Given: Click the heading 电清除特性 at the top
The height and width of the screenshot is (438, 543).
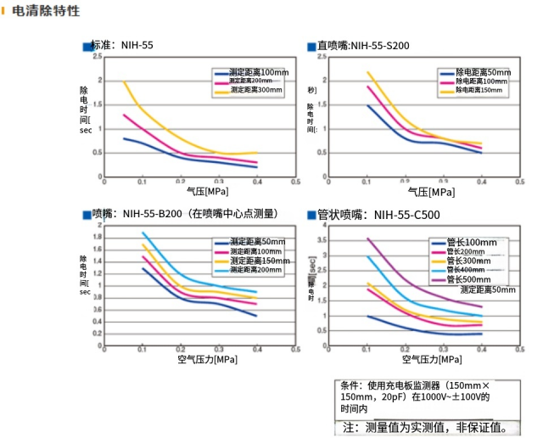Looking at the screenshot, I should click(47, 11).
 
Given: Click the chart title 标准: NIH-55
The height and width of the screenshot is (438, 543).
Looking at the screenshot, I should click(122, 44).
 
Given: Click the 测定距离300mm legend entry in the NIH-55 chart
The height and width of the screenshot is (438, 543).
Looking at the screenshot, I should click(255, 90).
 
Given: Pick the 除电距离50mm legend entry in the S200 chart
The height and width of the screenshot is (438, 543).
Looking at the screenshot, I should click(483, 73).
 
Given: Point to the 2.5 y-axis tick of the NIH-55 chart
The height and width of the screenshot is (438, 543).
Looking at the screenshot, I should click(98, 56).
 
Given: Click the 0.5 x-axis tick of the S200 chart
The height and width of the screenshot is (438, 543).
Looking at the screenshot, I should click(519, 181).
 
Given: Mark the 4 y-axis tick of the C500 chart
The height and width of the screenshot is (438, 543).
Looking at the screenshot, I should click(323, 227).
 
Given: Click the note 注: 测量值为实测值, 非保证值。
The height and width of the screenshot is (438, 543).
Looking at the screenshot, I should click(427, 426).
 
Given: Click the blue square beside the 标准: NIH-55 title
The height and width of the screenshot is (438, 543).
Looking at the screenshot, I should click(87, 46).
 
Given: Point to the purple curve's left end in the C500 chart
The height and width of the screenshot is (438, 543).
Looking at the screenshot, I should click(367, 239).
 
